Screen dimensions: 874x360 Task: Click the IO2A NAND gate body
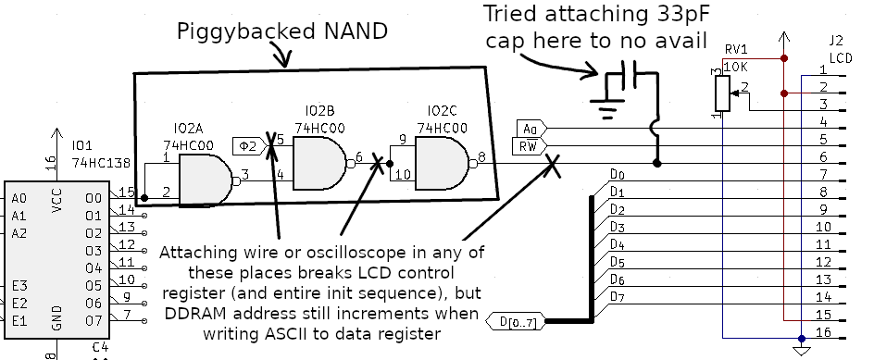206,180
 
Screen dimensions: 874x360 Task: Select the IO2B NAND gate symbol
320,163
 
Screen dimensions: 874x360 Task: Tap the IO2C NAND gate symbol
443,163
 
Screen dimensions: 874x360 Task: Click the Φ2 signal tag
250,146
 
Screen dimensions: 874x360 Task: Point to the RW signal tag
529,146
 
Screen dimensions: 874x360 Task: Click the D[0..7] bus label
515,321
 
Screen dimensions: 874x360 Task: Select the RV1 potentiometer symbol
722,93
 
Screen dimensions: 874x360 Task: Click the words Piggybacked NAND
282,31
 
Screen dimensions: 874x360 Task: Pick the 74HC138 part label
100,163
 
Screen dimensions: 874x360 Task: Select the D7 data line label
617,296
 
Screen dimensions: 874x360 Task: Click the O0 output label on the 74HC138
94,198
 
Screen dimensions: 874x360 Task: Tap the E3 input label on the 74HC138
19,286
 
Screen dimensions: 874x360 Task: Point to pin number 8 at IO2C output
481,157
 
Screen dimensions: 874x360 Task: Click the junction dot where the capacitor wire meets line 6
657,163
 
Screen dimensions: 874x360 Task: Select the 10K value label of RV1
736,68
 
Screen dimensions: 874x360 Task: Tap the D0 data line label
617,174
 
